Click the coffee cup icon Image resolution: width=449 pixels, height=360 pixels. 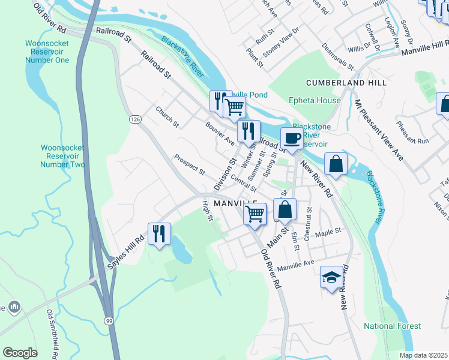click(x=292, y=139)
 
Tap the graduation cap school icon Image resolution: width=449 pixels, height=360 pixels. click(x=331, y=277)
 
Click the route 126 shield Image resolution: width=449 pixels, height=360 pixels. click(x=135, y=120)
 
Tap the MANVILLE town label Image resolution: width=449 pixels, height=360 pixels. click(x=235, y=204)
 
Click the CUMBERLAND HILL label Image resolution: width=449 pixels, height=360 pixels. click(x=346, y=82)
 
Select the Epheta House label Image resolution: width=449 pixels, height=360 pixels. click(x=314, y=101)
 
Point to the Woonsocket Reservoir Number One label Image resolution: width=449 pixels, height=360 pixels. click(x=47, y=52)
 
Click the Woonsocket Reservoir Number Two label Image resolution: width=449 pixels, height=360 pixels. click(x=63, y=156)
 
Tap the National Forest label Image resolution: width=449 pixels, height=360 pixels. click(x=392, y=326)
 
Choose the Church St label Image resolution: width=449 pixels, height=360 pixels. click(x=167, y=117)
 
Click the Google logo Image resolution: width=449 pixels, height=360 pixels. click(x=20, y=352)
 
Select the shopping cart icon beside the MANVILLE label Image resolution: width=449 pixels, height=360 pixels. click(x=255, y=213)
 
